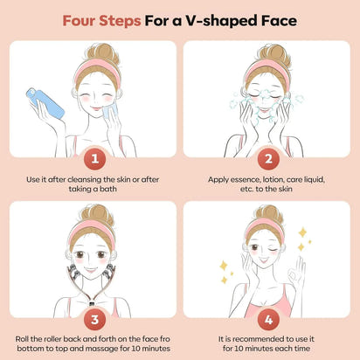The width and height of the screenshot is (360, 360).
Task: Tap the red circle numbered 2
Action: [x=269, y=161]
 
